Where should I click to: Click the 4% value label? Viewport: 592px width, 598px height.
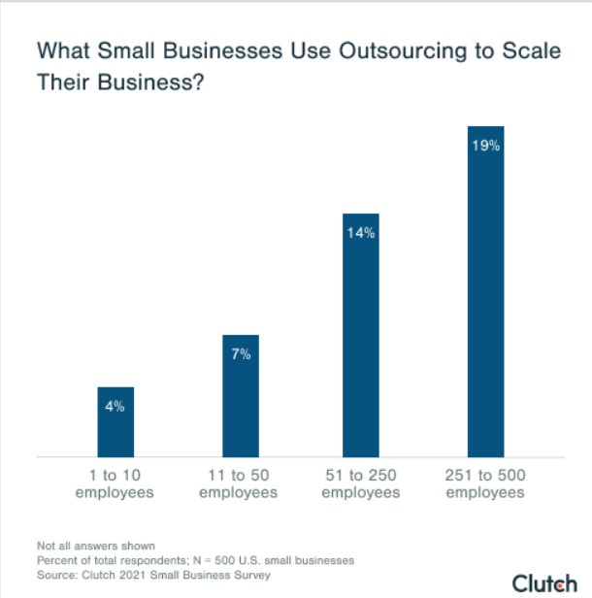pos(115,407)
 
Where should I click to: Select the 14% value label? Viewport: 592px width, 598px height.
pos(361,233)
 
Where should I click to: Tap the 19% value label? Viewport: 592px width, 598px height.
pos(485,146)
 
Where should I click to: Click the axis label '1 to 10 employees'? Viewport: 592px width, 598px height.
pos(115,484)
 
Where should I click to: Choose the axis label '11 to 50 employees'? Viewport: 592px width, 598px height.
pos(239,484)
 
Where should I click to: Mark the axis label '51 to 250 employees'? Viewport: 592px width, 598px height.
pos(361,484)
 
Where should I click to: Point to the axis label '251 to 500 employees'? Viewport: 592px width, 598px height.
pos(485,484)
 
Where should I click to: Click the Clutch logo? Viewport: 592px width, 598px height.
pos(543,582)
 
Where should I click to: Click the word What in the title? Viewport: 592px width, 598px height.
pos(59,51)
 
